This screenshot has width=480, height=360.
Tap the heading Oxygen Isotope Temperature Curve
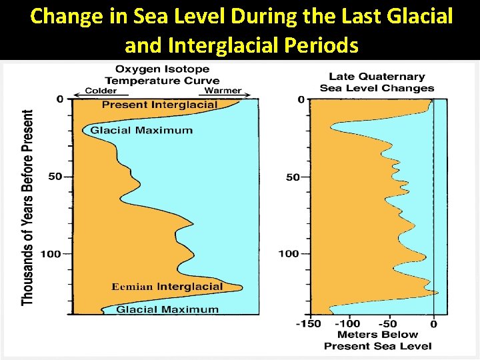point(162,75)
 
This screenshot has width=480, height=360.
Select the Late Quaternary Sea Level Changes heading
point(377,83)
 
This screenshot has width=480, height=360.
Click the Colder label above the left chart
point(101,91)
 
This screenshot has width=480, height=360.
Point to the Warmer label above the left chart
point(223,91)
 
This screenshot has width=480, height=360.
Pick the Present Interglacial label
point(159,105)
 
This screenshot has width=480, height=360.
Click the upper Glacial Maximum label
point(141,130)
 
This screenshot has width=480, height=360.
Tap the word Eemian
point(132,287)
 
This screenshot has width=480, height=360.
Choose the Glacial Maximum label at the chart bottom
point(167,309)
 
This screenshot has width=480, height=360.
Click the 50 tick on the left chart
point(56,177)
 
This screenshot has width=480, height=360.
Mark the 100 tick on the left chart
point(53,253)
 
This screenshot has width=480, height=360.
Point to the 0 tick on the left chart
point(60,99)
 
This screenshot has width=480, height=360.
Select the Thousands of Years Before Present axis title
point(28,207)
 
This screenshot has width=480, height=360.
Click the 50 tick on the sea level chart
point(293,177)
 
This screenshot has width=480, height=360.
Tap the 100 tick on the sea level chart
point(289,253)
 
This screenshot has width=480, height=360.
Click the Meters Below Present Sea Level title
point(377,340)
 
